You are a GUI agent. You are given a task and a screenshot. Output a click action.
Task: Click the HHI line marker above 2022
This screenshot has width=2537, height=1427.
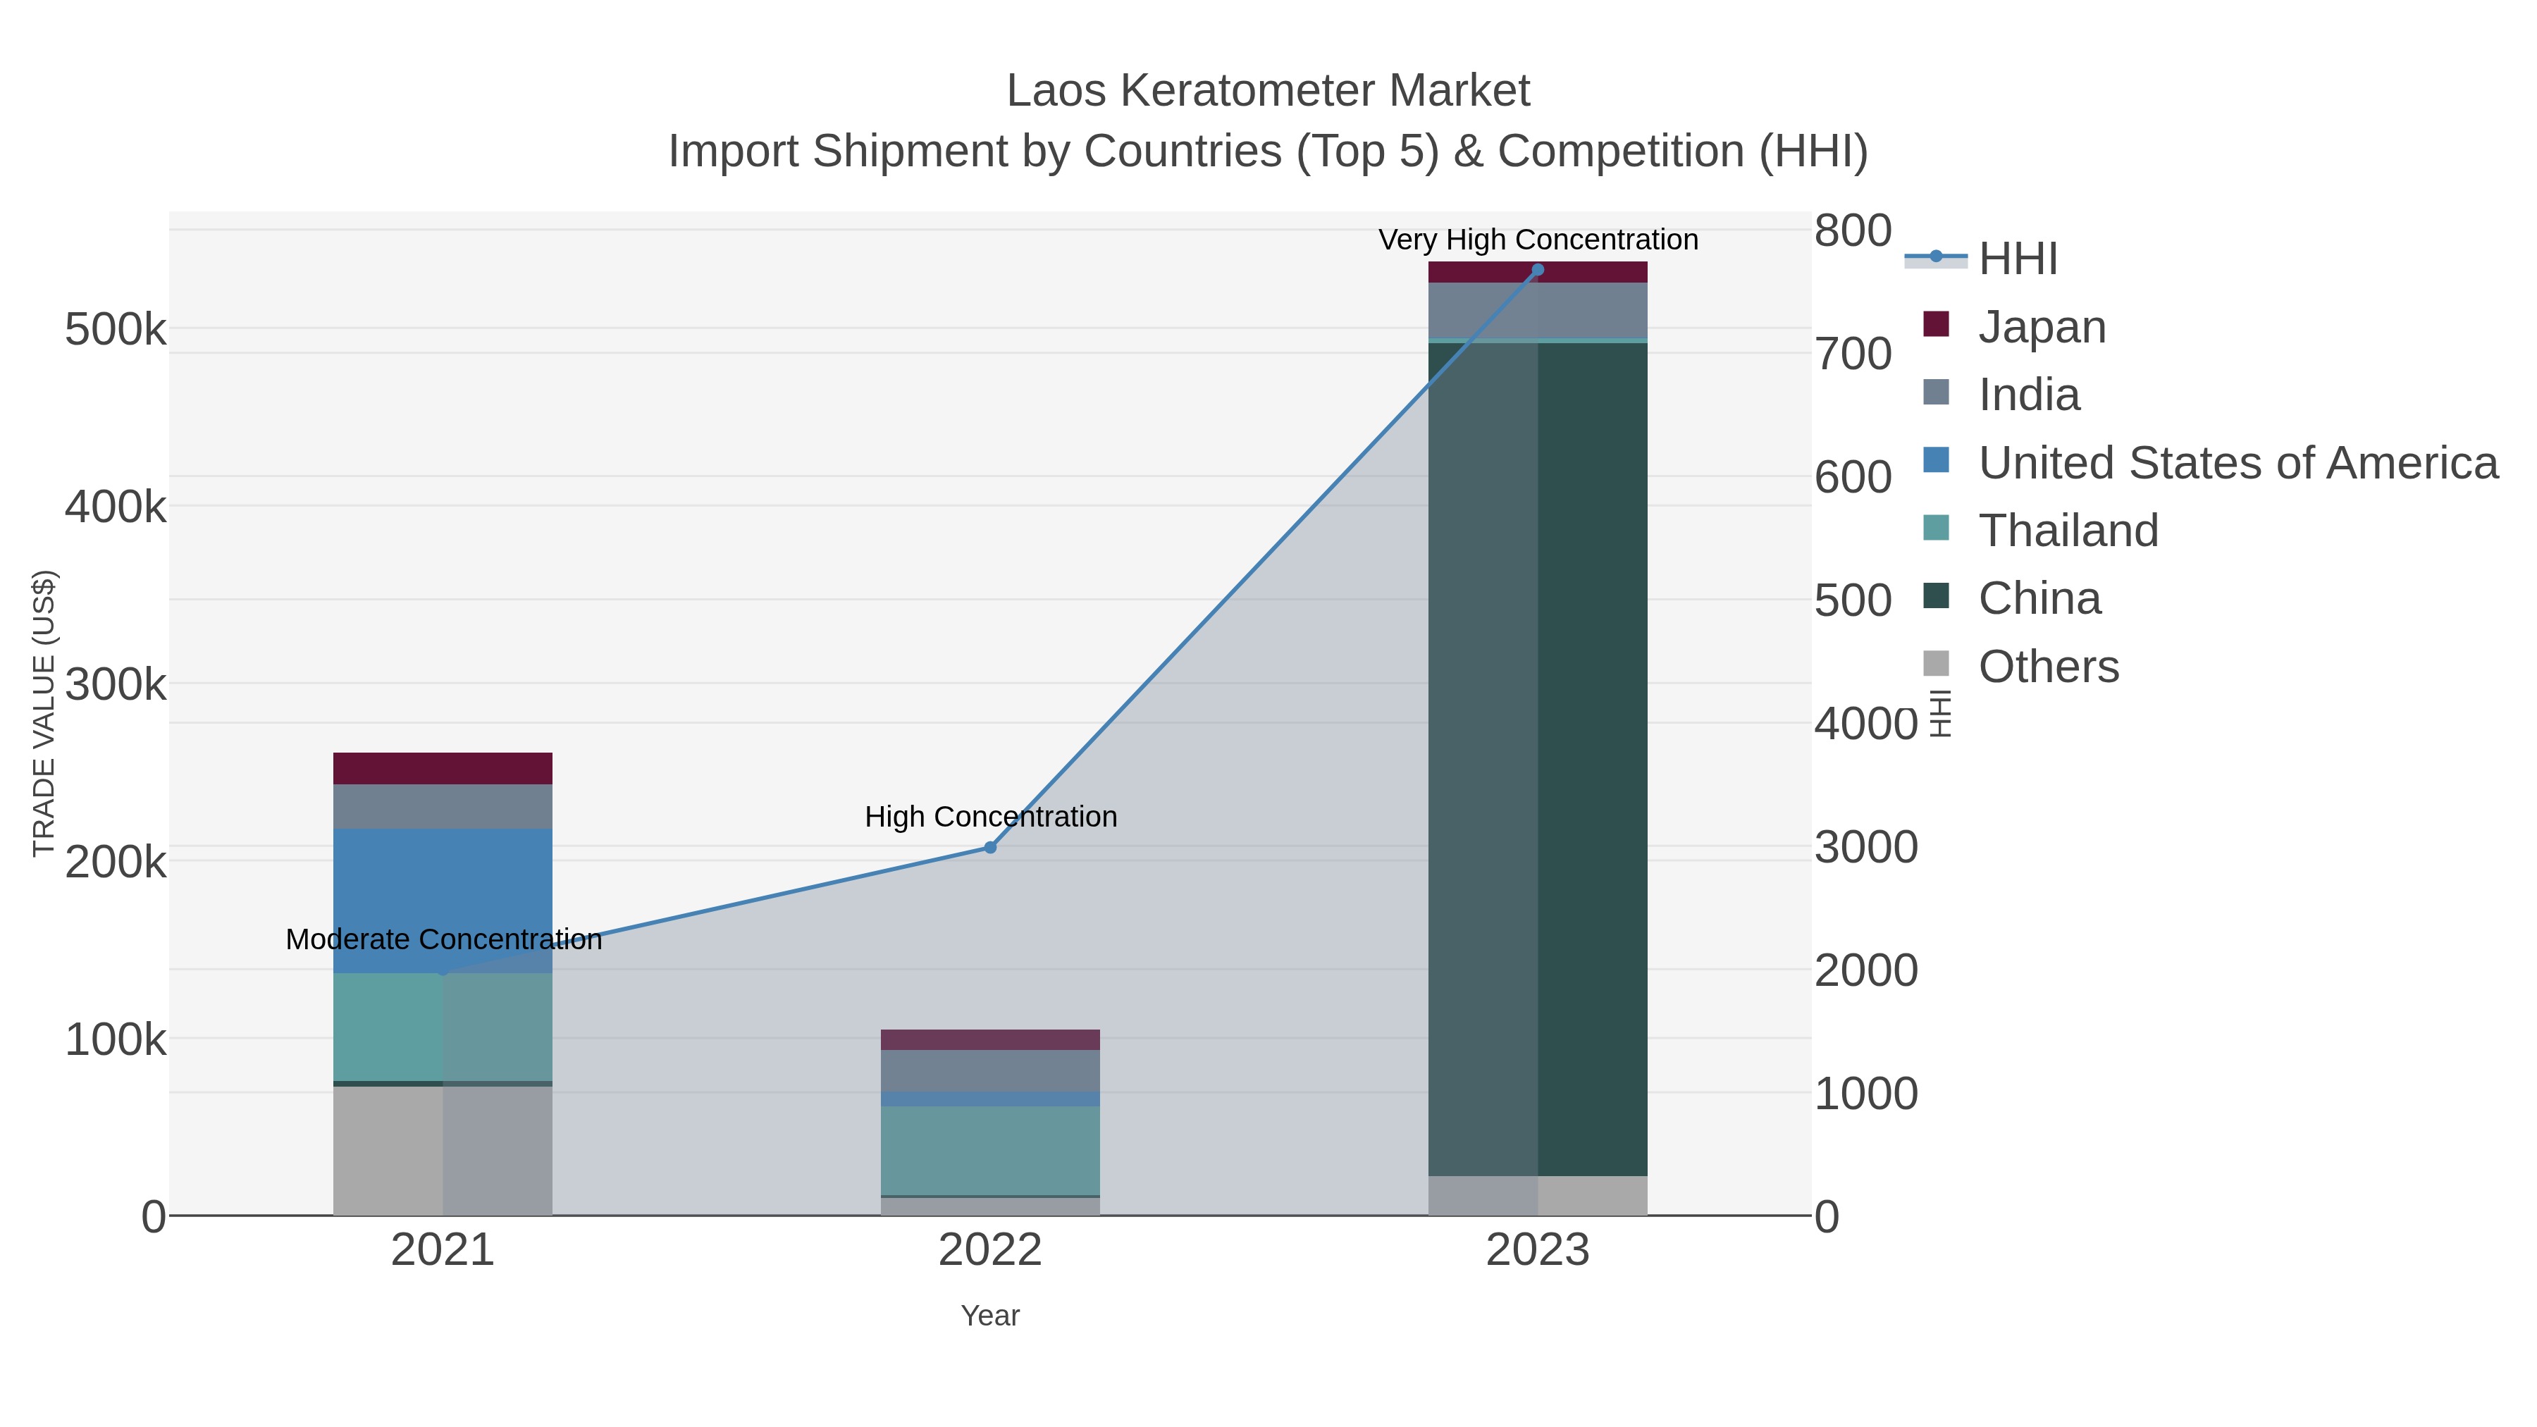coord(990,847)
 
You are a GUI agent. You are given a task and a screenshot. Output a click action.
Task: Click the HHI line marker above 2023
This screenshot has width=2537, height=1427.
coord(1538,270)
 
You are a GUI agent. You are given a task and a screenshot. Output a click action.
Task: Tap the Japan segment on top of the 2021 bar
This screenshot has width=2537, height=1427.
coord(442,768)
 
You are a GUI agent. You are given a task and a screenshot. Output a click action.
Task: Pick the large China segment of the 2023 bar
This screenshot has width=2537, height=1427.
coord(1538,758)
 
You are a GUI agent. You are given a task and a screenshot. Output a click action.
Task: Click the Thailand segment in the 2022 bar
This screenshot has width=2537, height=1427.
coord(990,1150)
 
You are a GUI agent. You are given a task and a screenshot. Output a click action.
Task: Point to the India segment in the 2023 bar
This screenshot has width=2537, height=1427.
coord(1538,310)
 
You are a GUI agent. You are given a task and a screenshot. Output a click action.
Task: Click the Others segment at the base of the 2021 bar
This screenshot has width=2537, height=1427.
coord(442,1150)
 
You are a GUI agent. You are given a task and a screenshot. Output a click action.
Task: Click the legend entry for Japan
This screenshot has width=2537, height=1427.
coord(2042,327)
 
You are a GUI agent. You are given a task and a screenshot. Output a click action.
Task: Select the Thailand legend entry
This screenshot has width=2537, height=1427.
coord(2068,531)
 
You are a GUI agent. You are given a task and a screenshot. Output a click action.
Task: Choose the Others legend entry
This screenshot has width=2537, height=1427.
coord(2049,667)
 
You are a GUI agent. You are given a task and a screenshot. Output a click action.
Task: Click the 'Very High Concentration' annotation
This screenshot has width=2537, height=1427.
coord(1538,240)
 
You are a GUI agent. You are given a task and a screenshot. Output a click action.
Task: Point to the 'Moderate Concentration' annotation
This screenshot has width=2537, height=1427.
coord(443,939)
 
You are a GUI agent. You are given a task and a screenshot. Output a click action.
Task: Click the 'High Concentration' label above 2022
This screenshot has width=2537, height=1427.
coord(990,817)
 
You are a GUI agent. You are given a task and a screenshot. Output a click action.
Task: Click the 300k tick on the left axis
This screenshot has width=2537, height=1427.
coord(116,684)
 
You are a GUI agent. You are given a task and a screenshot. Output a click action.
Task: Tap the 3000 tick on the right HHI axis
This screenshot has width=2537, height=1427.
coord(1865,847)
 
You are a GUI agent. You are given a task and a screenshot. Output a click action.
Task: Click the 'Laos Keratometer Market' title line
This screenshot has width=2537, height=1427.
coord(1268,91)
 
